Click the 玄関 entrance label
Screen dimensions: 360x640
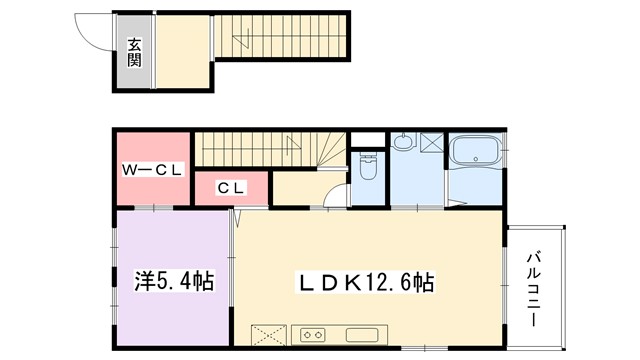pos(134,51)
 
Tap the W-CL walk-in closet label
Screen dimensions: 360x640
pos(152,170)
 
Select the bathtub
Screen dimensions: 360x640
pos(476,153)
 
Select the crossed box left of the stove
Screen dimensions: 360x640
pos(269,334)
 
